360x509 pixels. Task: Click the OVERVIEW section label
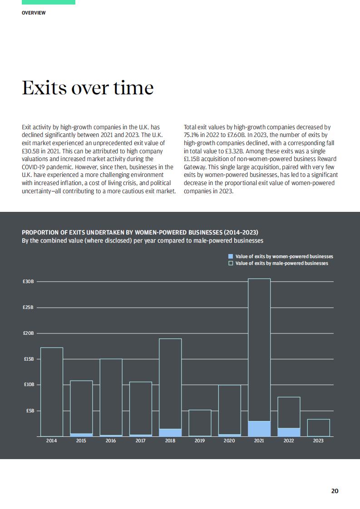pos(34,13)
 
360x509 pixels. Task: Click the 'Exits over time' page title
pos(88,88)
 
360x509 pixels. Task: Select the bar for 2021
pos(259,357)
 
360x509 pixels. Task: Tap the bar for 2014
pos(52,392)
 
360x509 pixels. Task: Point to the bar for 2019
pos(200,423)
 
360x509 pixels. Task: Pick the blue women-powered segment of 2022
pos(289,432)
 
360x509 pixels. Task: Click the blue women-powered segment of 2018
pos(170,432)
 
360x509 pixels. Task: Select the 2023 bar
pos(318,428)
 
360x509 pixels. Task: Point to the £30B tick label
pos(28,281)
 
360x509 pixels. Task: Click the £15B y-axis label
pos(29,359)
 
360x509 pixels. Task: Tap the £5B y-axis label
pos(30,411)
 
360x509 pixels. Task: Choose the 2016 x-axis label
pos(111,440)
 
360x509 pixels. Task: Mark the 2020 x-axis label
pos(229,440)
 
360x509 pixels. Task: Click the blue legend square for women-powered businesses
pos(231,256)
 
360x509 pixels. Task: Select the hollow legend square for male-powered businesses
pos(231,263)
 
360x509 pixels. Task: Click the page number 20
pos(335,491)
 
